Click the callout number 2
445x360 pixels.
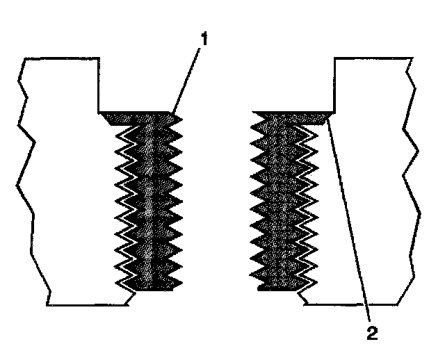click(373, 332)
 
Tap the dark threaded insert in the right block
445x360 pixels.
click(283, 202)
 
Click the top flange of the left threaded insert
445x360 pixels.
click(136, 116)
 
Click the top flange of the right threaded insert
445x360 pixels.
click(292, 116)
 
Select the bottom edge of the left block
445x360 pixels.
click(87, 304)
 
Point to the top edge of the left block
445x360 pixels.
click(59, 58)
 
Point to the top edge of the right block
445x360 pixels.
click(372, 58)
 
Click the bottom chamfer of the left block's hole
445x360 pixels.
click(131, 297)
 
